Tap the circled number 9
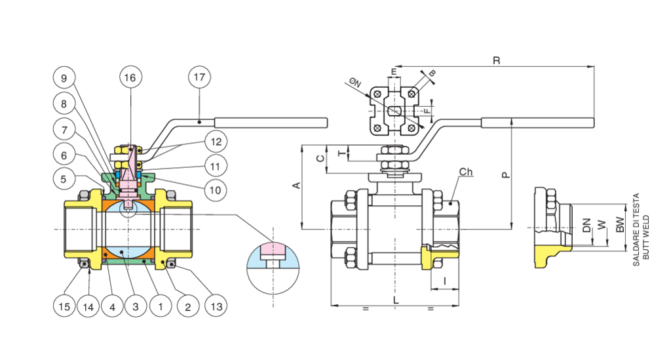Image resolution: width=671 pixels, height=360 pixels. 64,77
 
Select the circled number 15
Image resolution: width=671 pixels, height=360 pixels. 64,306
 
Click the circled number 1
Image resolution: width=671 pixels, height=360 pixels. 157,306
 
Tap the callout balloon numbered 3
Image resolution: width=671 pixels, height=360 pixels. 134,306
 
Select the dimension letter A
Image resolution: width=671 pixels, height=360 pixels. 296,186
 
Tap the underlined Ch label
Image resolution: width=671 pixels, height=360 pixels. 466,172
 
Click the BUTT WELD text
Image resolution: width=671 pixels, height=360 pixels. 645,228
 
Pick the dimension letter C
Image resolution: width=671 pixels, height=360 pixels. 319,159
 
